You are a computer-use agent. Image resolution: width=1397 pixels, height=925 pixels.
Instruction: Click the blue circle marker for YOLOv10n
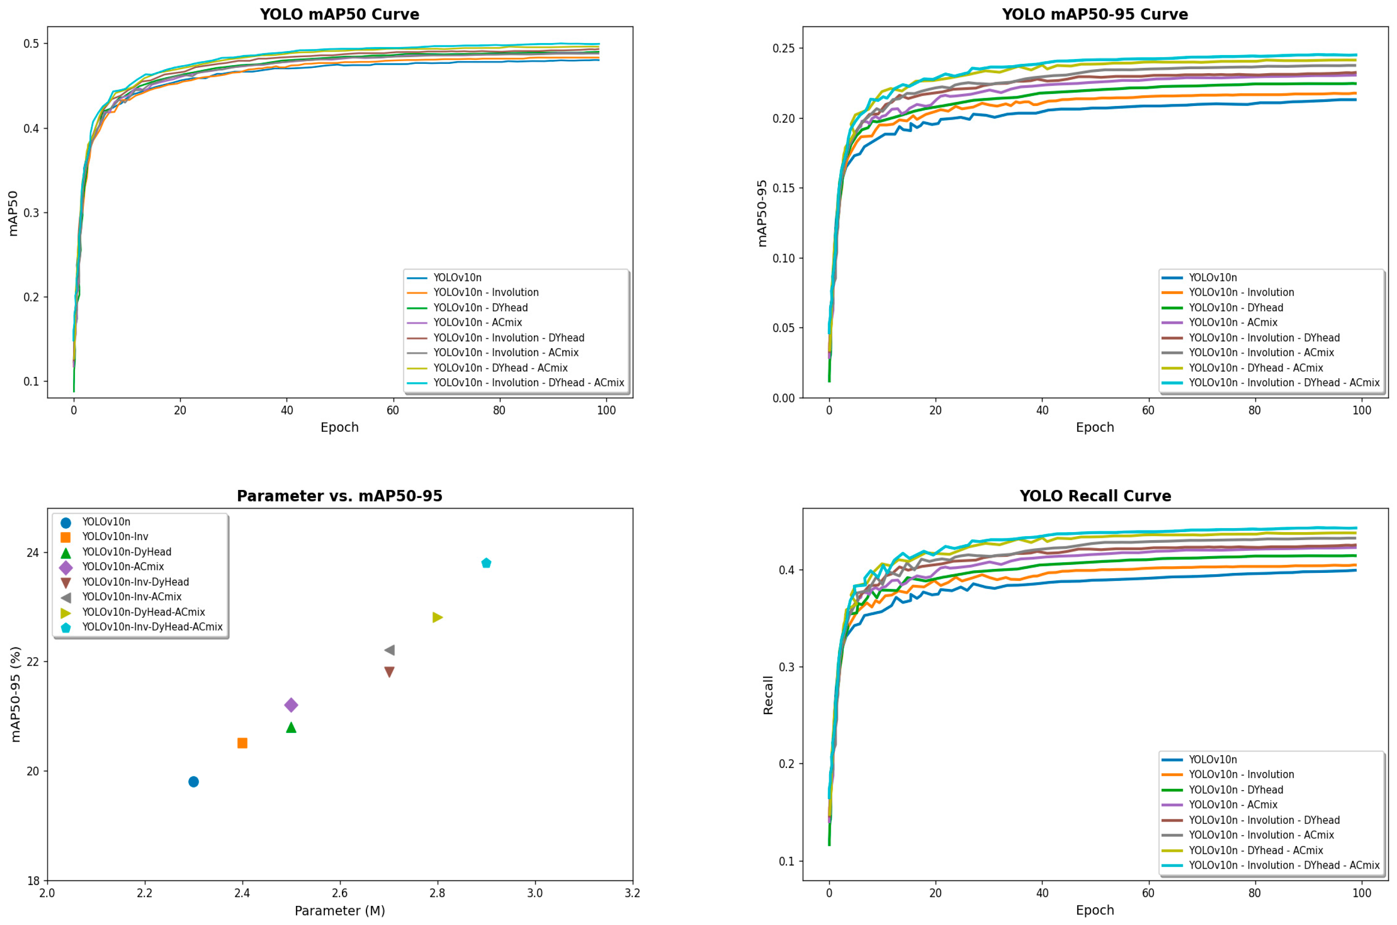coord(193,782)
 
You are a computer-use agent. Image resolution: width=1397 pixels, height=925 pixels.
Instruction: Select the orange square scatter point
coord(242,743)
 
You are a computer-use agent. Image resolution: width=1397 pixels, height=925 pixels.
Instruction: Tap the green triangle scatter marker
coord(291,727)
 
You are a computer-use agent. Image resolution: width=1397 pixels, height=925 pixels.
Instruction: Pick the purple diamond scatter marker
coord(291,705)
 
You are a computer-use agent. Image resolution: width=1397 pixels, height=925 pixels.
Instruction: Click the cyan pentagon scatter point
coord(486,563)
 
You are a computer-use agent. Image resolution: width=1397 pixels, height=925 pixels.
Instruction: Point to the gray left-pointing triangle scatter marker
coord(389,650)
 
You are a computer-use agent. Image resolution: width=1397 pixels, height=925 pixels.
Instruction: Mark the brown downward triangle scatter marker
coord(389,672)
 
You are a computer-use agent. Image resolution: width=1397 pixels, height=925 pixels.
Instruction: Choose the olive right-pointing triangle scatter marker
coord(438,617)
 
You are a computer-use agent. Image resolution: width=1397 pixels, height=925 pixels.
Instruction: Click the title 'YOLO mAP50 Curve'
coord(340,14)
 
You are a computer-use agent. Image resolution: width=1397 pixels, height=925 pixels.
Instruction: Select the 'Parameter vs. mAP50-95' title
coord(340,496)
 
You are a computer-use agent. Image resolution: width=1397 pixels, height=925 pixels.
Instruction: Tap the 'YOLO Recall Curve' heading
coord(1095,496)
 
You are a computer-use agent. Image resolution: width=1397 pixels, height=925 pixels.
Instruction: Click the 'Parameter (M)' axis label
coord(340,910)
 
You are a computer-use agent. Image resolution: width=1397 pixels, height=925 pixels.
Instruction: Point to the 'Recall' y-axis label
coord(768,695)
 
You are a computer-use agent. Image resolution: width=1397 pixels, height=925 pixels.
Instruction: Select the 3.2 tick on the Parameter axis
coord(632,893)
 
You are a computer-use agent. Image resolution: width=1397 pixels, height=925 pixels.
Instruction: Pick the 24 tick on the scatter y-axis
coord(32,553)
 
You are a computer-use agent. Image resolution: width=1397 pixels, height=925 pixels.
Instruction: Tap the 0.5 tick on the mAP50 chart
coord(31,43)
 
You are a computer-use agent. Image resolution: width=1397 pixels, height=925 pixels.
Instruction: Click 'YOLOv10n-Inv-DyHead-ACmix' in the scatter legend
coord(152,627)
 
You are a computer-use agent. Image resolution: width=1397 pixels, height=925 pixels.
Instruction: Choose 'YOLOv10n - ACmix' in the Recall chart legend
coord(1233,805)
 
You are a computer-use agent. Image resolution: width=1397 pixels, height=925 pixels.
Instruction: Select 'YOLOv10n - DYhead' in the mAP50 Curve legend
coord(481,307)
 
